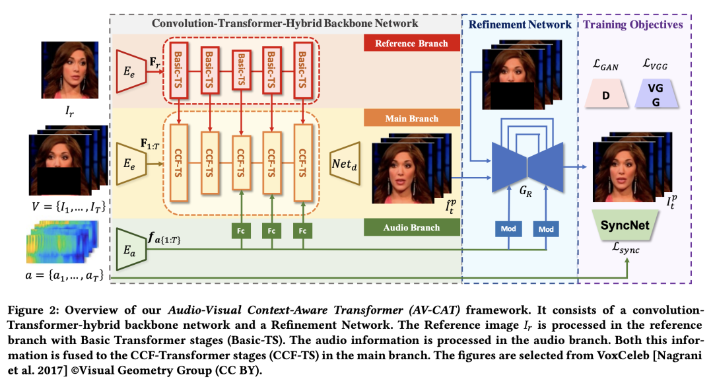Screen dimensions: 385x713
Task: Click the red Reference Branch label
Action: tap(411, 44)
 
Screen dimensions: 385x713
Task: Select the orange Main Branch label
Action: tap(411, 119)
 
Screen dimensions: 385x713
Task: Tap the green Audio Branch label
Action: tap(411, 228)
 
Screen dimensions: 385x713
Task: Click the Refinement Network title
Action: tap(520, 24)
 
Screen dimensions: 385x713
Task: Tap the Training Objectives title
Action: tap(632, 24)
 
